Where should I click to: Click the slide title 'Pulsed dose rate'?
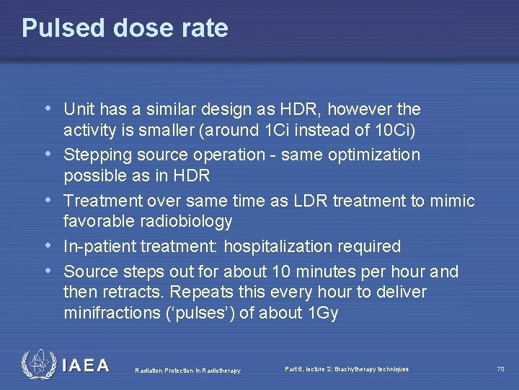(x=125, y=28)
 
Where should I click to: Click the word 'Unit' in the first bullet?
(x=78, y=110)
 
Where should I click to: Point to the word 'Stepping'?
(x=93, y=155)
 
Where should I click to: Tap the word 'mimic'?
(x=452, y=201)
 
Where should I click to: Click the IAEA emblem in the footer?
(x=37, y=365)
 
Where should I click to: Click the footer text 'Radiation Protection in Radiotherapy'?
(x=188, y=370)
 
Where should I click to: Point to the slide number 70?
(x=500, y=369)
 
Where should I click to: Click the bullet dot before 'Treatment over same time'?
(x=48, y=200)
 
